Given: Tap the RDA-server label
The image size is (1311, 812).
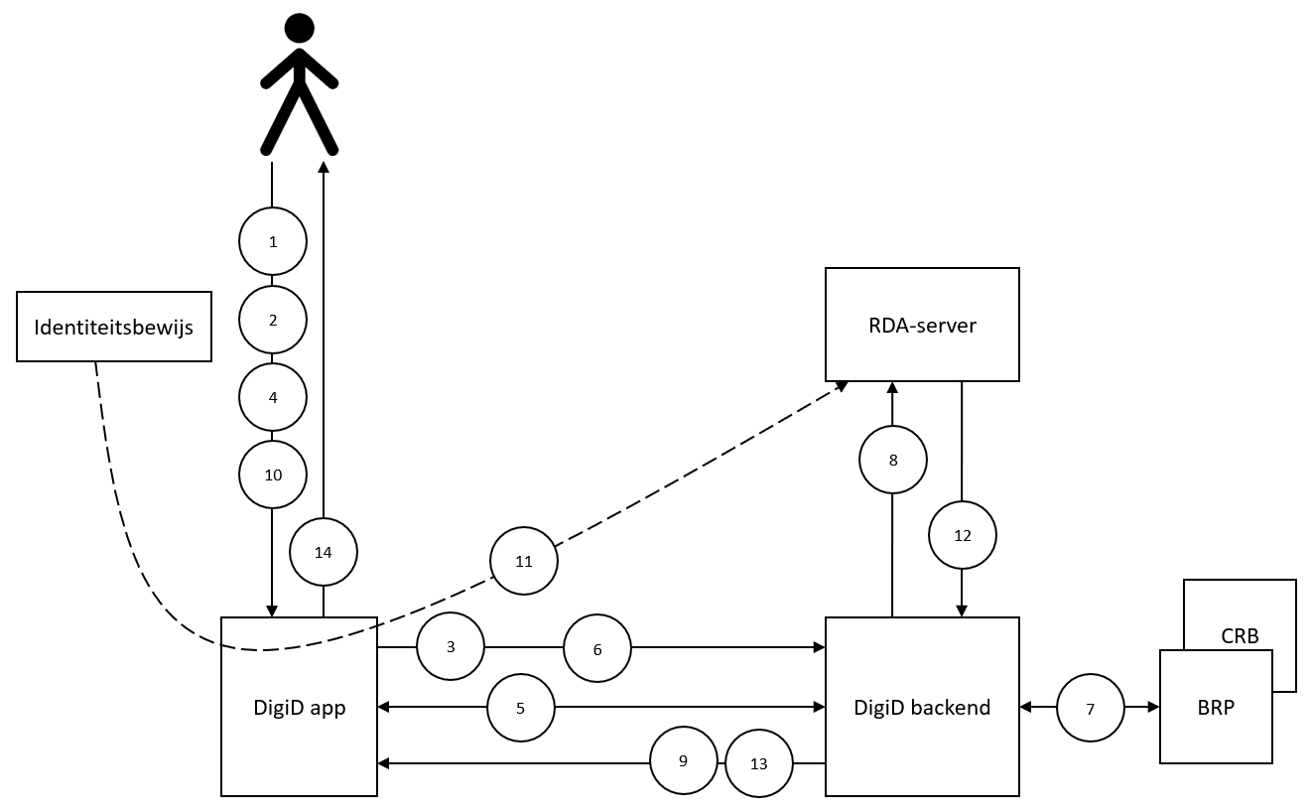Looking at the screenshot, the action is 922,326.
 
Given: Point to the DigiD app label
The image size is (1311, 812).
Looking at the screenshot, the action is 300,709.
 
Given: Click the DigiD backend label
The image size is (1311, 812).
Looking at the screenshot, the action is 922,708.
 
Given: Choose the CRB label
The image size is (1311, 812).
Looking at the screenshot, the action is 1240,635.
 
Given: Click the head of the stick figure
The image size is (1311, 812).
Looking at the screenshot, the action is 299,28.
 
